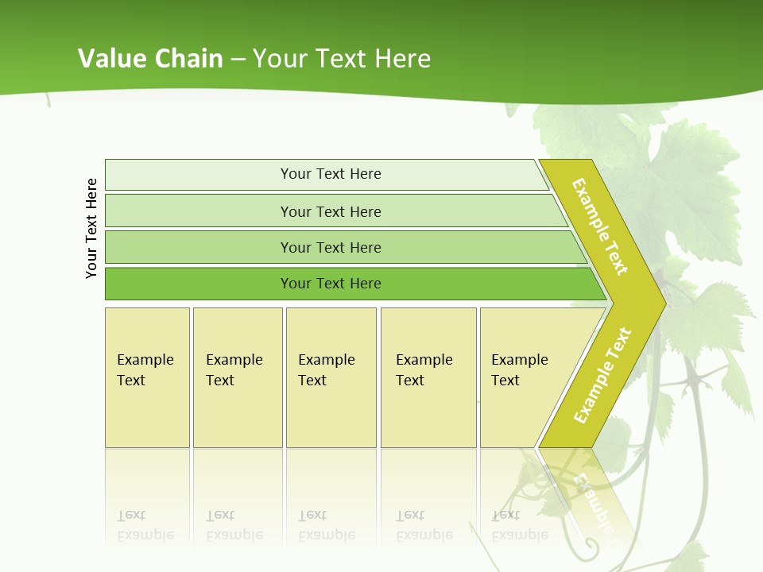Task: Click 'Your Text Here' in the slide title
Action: (342, 58)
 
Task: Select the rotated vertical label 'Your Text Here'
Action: (91, 228)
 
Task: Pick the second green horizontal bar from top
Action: (331, 211)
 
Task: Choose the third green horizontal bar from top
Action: (331, 247)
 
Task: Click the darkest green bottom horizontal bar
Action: (331, 284)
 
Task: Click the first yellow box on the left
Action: (147, 377)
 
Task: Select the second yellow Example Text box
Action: (237, 377)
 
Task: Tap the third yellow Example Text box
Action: (331, 377)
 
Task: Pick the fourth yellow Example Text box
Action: (428, 377)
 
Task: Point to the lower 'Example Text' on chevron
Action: (602, 375)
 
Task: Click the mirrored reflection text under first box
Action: (145, 525)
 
